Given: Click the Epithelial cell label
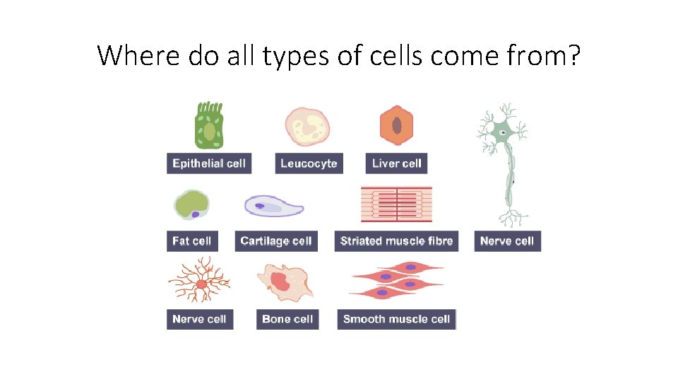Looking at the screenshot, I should point(209,163).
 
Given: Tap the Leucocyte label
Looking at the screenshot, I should point(309,163).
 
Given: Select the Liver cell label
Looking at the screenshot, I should point(396,163).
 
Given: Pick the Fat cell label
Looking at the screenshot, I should point(191,241).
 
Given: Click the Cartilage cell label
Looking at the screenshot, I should point(275,241).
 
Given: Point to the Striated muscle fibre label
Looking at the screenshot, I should point(396,241).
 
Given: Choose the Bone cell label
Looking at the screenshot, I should point(287,319).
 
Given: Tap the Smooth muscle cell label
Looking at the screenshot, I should point(396,319).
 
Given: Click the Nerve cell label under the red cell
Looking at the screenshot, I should point(199,319).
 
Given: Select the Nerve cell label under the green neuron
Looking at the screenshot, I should point(506,241).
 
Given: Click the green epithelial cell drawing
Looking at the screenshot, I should point(208,127).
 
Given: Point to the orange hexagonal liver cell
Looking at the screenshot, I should point(397,126).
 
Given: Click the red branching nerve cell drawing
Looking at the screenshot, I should point(201,282).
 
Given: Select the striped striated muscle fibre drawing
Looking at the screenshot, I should point(396,205).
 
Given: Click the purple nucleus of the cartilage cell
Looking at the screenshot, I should point(259,206).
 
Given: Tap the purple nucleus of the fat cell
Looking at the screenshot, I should point(195,214).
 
